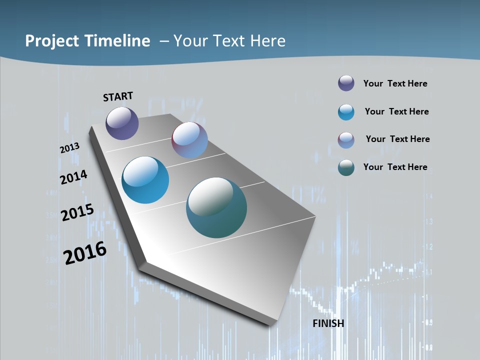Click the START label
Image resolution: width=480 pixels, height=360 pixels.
pyautogui.click(x=118, y=96)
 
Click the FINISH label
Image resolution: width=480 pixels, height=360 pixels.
pyautogui.click(x=328, y=323)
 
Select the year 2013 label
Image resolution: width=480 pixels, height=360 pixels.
pyautogui.click(x=69, y=148)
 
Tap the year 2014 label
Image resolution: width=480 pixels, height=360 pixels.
pyautogui.click(x=73, y=177)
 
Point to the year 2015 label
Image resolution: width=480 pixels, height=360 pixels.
pyautogui.click(x=77, y=212)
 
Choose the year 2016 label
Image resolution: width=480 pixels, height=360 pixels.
pyautogui.click(x=85, y=253)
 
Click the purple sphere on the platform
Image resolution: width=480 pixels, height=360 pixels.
pyautogui.click(x=122, y=123)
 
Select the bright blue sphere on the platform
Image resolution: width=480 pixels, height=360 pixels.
pyautogui.click(x=145, y=180)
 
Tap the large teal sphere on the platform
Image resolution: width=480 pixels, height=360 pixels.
pyautogui.click(x=216, y=207)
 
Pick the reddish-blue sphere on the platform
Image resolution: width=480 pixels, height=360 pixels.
pyautogui.click(x=189, y=140)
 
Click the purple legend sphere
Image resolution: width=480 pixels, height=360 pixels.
pyautogui.click(x=346, y=83)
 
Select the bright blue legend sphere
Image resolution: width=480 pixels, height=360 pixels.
pyautogui.click(x=346, y=112)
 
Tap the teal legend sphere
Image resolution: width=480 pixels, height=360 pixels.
pyautogui.click(x=346, y=167)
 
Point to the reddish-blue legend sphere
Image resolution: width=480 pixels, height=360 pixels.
pyautogui.click(x=346, y=140)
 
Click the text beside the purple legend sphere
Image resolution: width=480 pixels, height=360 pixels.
pyautogui.click(x=395, y=83)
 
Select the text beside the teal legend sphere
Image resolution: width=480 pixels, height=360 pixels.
pyautogui.click(x=395, y=167)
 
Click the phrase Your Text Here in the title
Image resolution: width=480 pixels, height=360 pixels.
pyautogui.click(x=229, y=41)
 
